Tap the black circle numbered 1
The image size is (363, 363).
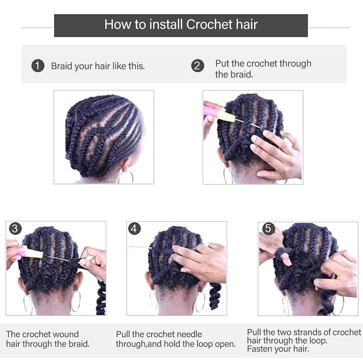click(x=38, y=66)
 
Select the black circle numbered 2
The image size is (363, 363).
click(x=198, y=66)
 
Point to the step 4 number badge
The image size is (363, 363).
click(x=134, y=228)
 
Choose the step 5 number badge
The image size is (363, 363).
click(x=268, y=228)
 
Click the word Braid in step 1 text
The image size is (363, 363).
click(x=61, y=66)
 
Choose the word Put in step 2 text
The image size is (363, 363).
click(x=222, y=63)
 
